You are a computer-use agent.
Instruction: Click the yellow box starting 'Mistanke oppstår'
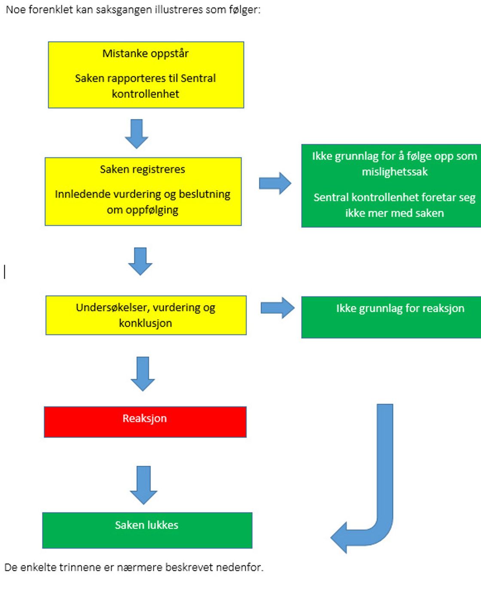146,75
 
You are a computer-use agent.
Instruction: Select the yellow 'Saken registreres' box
143,191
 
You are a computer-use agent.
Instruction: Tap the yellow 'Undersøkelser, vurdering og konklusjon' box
146,315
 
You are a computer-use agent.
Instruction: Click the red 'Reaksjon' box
145,422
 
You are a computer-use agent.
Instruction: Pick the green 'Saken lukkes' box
147,530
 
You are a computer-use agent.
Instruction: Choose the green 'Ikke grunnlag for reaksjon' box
391,317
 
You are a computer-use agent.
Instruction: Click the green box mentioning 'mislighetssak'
391,185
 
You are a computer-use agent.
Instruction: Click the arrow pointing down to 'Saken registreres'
137,134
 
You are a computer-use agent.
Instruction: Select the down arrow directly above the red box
143,373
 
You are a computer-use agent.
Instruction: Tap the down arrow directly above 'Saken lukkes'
143,485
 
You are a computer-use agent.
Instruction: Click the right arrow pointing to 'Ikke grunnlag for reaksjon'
277,308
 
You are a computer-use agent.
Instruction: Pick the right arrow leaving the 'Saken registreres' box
275,183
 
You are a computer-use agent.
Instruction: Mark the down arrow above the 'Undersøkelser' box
140,261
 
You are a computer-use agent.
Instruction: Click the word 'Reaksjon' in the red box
145,418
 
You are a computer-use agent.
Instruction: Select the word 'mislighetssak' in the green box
395,172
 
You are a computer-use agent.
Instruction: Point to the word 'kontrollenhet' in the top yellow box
145,94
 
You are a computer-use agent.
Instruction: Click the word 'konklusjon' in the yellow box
145,323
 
